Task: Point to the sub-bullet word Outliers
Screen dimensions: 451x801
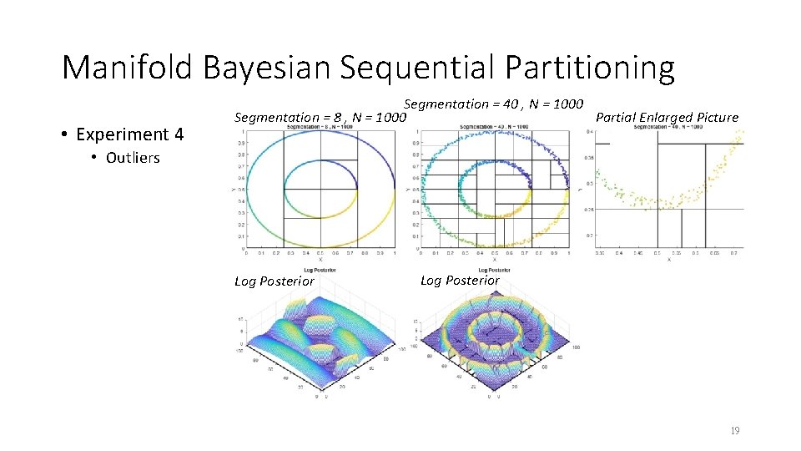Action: [x=133, y=158]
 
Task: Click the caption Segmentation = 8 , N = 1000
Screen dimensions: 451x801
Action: [x=320, y=119]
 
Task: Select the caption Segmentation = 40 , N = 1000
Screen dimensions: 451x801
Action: [x=493, y=104]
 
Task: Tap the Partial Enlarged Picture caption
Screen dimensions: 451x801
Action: [x=667, y=117]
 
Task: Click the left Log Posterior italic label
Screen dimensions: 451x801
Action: [x=275, y=281]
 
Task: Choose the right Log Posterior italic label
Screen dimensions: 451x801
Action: [x=460, y=280]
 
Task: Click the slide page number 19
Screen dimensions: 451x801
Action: [x=734, y=431]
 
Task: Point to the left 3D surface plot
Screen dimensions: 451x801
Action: [x=318, y=342]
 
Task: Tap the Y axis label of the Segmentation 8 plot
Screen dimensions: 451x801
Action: [x=233, y=190]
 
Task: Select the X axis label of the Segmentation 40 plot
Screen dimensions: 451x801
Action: [x=494, y=259]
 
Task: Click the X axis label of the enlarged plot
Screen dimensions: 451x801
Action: [x=668, y=259]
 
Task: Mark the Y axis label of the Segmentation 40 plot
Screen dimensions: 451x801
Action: [x=409, y=190]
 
